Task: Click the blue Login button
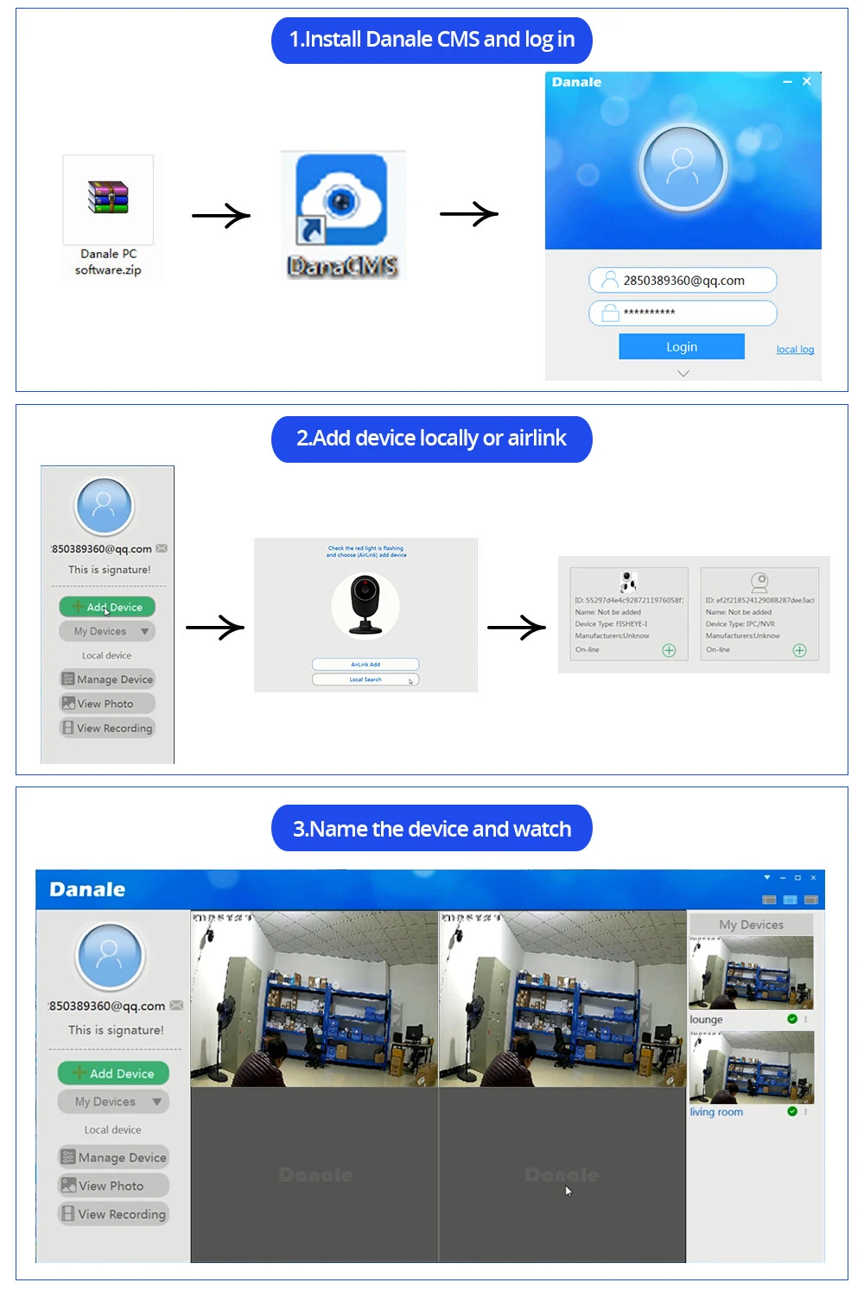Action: pos(681,346)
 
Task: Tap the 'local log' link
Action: pos(795,350)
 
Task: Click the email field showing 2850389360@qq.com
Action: pos(683,281)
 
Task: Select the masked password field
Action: pos(683,313)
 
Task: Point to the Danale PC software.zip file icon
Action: pos(108,199)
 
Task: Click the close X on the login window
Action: pos(806,81)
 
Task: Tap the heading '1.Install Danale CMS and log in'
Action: pos(431,40)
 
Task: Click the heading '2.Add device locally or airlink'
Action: pos(431,439)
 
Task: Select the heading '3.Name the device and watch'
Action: pos(431,829)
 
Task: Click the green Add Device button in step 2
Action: pos(107,607)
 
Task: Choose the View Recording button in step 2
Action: pos(107,728)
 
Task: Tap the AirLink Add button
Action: pos(365,664)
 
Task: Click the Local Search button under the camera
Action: pos(365,679)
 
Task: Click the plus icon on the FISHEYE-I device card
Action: pos(669,650)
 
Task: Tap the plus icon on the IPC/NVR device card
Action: pos(799,650)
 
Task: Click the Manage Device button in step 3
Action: pos(113,1157)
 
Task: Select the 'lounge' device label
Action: pos(707,1020)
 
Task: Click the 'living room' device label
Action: pos(716,1112)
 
